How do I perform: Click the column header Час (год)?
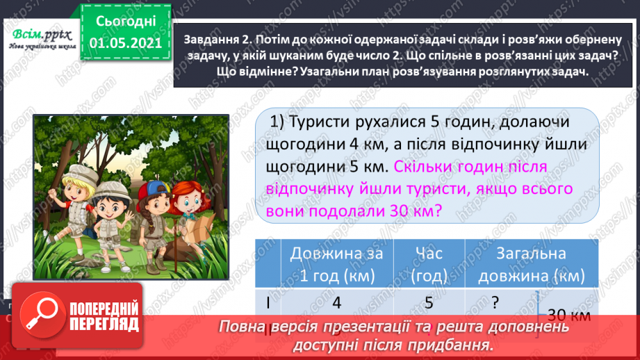(x=427, y=264)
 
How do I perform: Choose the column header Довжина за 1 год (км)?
(x=336, y=264)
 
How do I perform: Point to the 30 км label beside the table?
(x=568, y=314)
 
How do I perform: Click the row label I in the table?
(x=268, y=303)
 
